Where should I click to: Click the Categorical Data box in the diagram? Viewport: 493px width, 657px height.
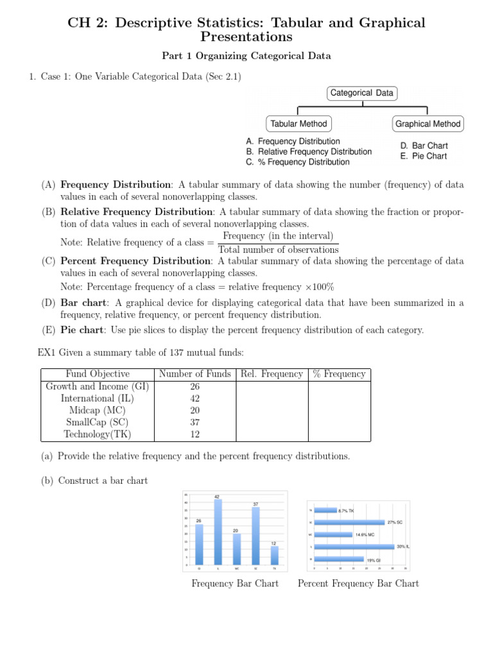tap(361, 93)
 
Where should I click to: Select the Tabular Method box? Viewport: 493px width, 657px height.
tap(298, 124)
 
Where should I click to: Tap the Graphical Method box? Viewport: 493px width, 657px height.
tap(428, 124)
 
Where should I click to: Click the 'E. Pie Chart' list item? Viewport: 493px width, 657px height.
tap(424, 156)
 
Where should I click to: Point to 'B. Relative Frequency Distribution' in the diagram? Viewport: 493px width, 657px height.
tap(309, 151)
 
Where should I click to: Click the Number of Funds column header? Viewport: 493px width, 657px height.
tap(195, 374)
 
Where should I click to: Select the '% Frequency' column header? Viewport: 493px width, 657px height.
tap(339, 374)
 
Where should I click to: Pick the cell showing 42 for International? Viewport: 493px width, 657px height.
tap(195, 398)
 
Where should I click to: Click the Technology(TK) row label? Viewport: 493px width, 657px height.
tap(97, 434)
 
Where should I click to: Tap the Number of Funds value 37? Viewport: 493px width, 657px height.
tap(195, 422)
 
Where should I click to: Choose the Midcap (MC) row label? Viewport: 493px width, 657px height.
tap(97, 410)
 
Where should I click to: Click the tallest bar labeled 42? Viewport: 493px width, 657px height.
tap(217, 533)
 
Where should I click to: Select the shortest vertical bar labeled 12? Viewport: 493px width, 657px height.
tap(274, 556)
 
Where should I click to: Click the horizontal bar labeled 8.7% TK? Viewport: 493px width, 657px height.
tap(325, 510)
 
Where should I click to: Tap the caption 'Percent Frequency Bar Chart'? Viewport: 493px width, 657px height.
tap(358, 583)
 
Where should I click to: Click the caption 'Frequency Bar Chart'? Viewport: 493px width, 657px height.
tap(235, 583)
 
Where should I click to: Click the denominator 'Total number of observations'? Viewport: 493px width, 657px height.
tap(278, 250)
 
